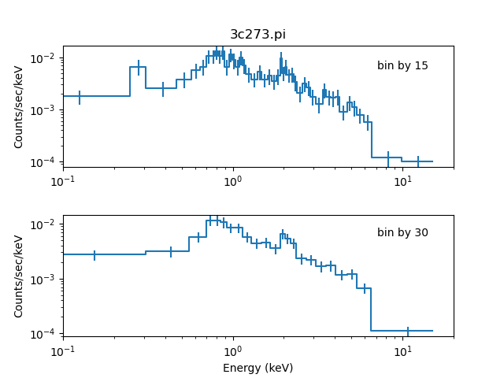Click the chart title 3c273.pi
pyautogui.click(x=258, y=34)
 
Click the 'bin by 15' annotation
pyautogui.click(x=402, y=65)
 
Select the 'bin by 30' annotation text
pyautogui.click(x=402, y=232)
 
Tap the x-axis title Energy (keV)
pyautogui.click(x=258, y=368)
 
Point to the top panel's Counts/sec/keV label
pyautogui.click(x=19, y=106)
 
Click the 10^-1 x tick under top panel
pyautogui.click(x=63, y=181)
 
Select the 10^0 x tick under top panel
pyautogui.click(x=233, y=181)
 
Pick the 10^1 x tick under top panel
pyautogui.click(x=402, y=181)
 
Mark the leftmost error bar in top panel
pyautogui.click(x=80, y=97)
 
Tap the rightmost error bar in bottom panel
pyautogui.click(x=408, y=331)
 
